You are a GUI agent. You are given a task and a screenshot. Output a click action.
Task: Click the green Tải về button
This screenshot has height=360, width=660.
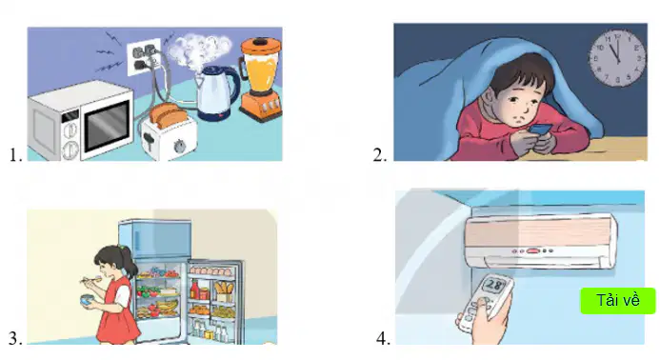(x=618, y=301)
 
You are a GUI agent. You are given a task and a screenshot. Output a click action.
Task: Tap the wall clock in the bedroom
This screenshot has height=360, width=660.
(x=617, y=58)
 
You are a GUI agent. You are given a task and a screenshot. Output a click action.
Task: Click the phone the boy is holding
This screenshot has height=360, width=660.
(x=540, y=130)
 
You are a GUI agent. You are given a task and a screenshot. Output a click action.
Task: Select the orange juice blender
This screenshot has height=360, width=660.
(x=260, y=79)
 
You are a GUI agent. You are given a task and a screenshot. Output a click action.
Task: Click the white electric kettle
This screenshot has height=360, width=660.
(x=217, y=92)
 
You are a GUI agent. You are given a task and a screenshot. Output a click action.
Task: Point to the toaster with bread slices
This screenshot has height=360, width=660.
(x=170, y=132)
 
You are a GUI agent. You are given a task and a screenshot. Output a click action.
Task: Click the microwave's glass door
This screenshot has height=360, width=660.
(x=107, y=126)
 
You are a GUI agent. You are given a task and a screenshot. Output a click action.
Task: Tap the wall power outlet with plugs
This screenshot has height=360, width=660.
(x=145, y=57)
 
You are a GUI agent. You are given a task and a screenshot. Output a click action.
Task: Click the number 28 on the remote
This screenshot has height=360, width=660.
(x=493, y=286)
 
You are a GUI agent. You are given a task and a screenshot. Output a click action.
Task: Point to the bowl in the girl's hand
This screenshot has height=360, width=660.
(x=88, y=301)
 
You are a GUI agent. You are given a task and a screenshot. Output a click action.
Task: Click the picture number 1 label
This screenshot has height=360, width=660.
(x=15, y=155)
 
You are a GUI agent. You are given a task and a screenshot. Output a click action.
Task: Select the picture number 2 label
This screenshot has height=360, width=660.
(x=380, y=155)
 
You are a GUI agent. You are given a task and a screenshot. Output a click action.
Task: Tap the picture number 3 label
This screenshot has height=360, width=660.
(x=15, y=338)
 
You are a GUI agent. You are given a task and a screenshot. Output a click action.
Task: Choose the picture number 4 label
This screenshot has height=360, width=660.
(x=383, y=338)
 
